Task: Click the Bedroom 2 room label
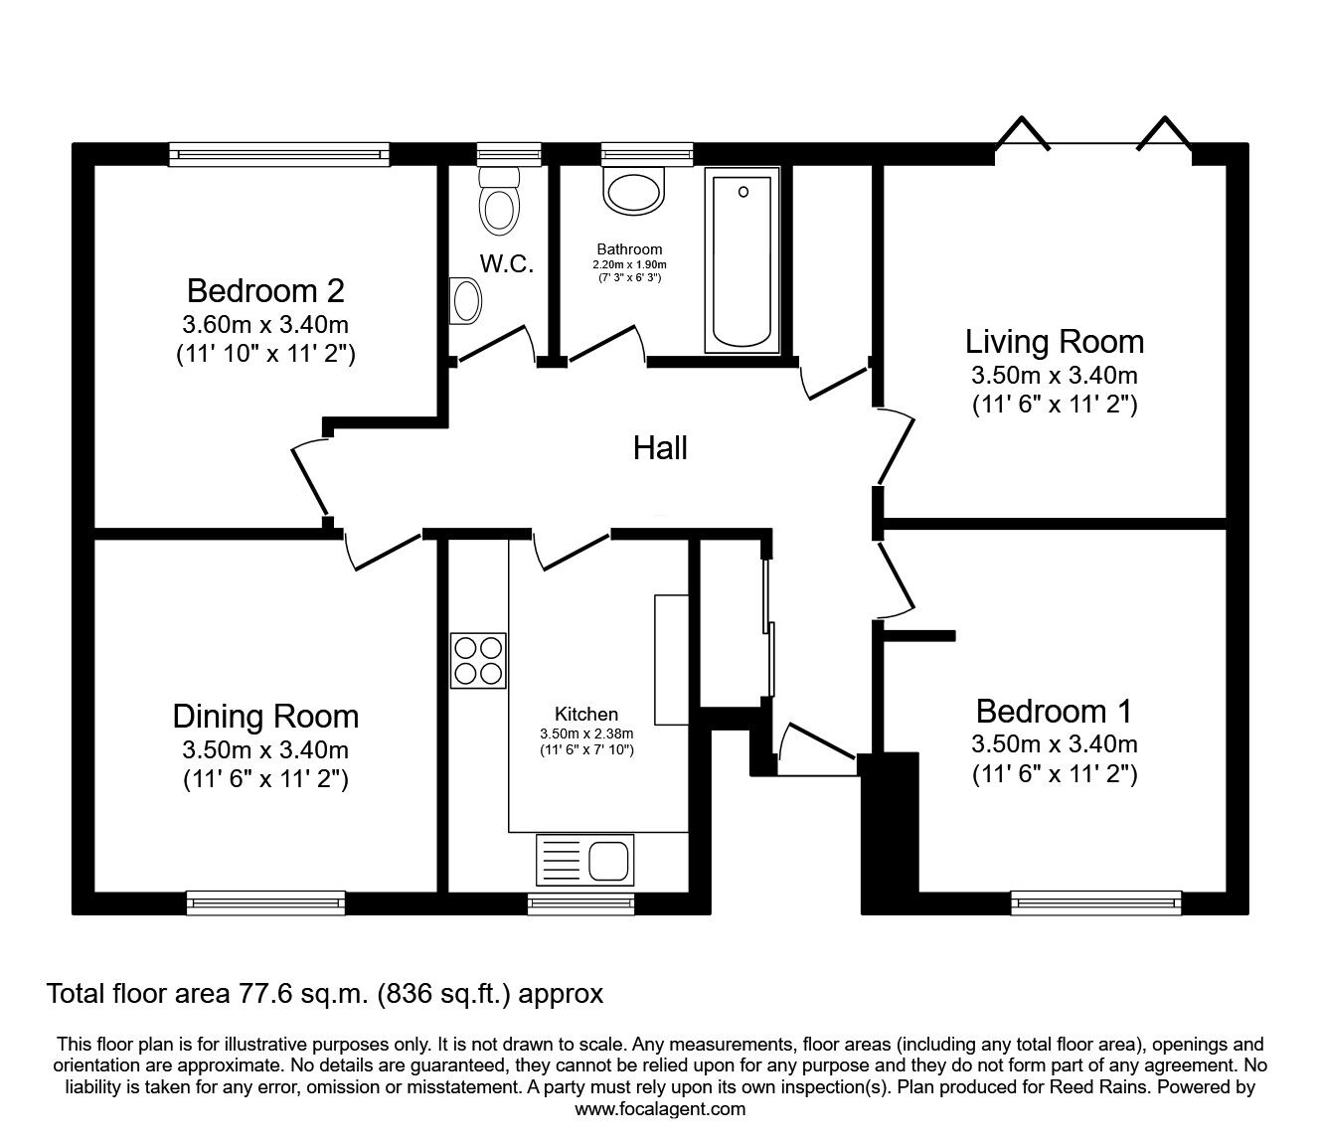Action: click(x=265, y=291)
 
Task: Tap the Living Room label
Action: click(x=1054, y=342)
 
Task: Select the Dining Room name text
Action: click(x=265, y=717)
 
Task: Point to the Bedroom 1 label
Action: click(x=1054, y=712)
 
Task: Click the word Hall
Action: click(x=660, y=448)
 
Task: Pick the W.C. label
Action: click(x=507, y=264)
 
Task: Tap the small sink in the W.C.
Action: click(x=465, y=300)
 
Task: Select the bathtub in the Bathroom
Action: click(x=742, y=260)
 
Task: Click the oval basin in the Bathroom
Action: click(x=633, y=194)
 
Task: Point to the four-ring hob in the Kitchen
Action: click(x=478, y=661)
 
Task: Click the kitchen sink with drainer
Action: click(x=584, y=859)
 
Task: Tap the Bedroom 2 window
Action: click(x=279, y=153)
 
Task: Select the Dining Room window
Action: click(x=265, y=902)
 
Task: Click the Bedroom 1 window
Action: click(x=1096, y=902)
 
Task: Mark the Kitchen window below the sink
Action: click(x=579, y=902)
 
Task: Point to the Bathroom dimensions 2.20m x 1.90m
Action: click(x=629, y=264)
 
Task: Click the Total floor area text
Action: click(x=325, y=993)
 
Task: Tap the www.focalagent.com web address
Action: click(x=660, y=1109)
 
